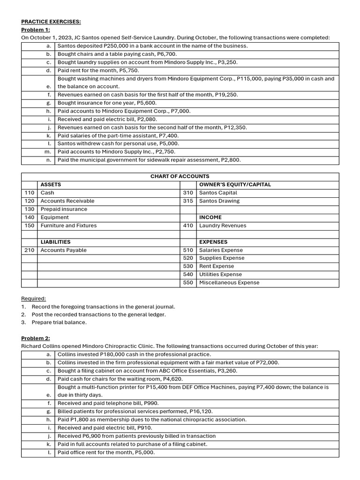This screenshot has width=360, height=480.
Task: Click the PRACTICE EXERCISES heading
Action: (51, 22)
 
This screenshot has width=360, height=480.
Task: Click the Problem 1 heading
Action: (35, 30)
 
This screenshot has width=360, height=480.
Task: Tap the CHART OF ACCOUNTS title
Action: (180, 176)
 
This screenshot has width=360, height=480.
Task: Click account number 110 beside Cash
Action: (30, 193)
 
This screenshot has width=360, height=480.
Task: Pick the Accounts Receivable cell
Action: (67, 201)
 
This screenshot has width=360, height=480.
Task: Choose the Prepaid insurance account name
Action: (64, 209)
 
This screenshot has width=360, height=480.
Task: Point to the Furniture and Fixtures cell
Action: (68, 225)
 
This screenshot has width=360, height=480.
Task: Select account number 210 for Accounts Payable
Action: (30, 250)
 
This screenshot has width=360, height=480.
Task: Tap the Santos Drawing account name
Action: (219, 201)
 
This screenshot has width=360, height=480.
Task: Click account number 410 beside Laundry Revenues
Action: (188, 225)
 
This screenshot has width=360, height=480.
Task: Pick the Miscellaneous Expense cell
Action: (229, 283)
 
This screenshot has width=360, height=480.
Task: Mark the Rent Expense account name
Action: (217, 266)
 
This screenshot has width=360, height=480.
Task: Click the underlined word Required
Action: (34, 299)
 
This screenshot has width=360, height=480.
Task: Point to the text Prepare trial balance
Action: (59, 322)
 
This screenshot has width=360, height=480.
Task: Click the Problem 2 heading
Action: (36, 338)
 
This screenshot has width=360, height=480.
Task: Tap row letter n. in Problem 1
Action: (48, 160)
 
